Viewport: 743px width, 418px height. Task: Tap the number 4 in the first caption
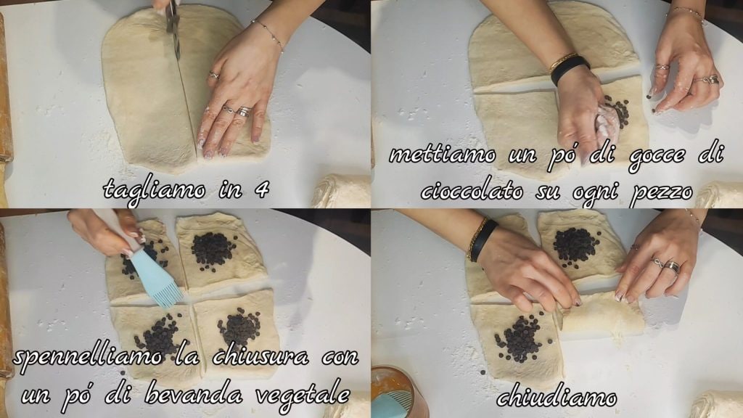pos(261,189)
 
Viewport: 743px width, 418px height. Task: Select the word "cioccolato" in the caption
pos(472,191)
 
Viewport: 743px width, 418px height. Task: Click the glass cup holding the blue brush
pos(393,391)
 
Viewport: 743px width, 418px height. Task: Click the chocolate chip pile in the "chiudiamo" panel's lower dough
pos(520,338)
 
